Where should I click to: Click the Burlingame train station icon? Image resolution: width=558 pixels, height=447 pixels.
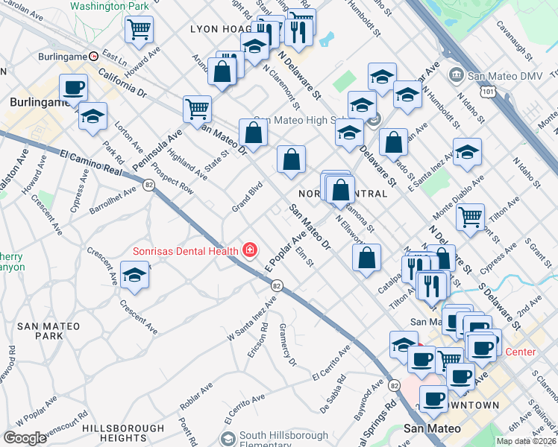tap(94, 57)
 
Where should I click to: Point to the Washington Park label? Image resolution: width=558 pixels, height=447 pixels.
tap(110, 6)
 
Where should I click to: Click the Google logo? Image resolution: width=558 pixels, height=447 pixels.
tap(25, 438)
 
